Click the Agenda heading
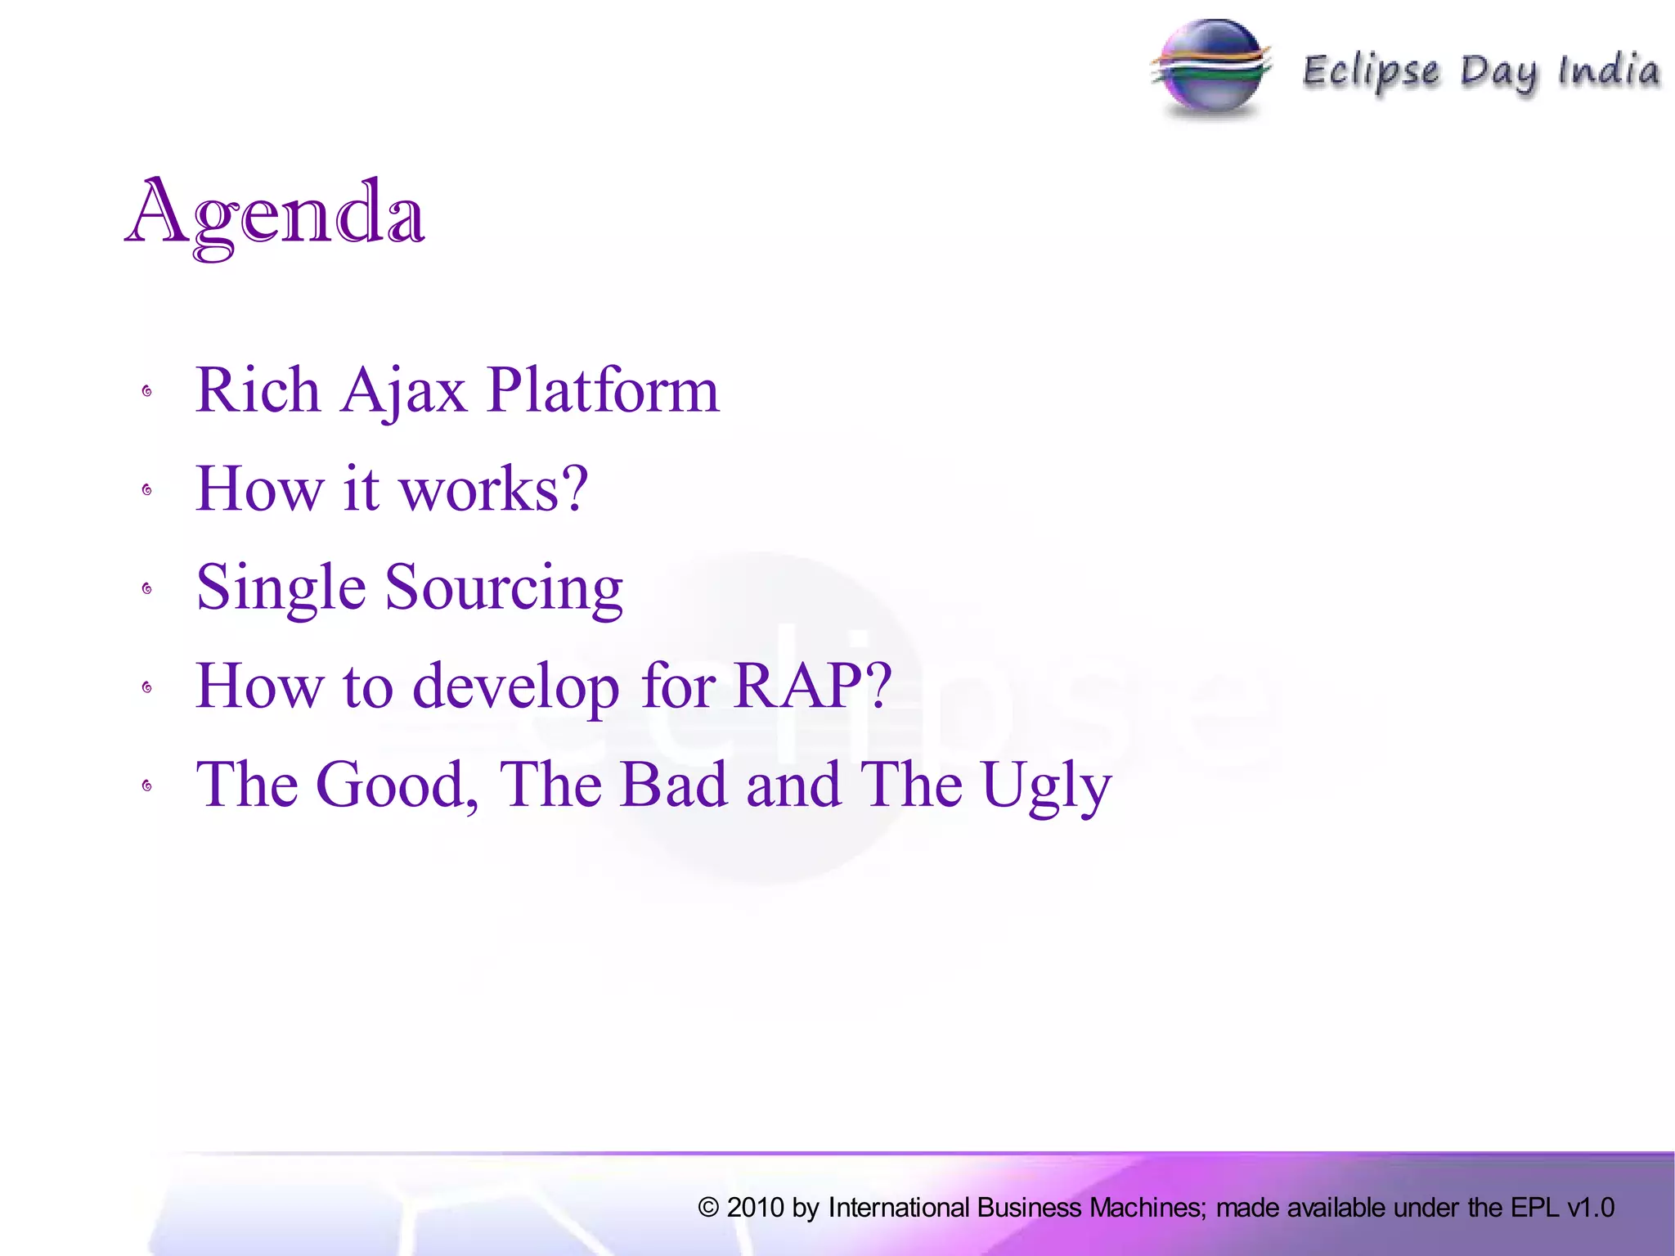click(x=276, y=214)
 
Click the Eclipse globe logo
click(x=1212, y=69)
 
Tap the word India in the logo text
click(x=1609, y=70)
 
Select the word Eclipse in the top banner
click(x=1371, y=72)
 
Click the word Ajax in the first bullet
click(x=404, y=391)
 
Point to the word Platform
click(x=603, y=391)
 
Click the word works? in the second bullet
click(x=494, y=489)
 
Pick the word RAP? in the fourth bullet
click(x=812, y=686)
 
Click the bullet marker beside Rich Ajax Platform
click(x=147, y=392)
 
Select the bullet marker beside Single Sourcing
click(x=147, y=589)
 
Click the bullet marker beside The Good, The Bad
click(x=147, y=786)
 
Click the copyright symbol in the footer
click(x=708, y=1208)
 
